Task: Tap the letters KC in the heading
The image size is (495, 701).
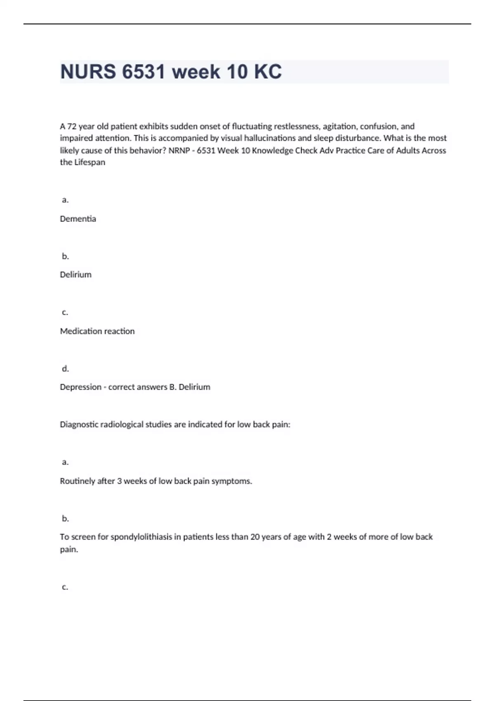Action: click(x=268, y=72)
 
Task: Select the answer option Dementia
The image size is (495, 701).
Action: click(x=78, y=219)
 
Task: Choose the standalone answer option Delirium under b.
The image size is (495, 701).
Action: click(x=75, y=275)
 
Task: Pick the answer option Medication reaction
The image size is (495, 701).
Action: click(x=97, y=331)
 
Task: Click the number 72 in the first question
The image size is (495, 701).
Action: click(x=72, y=126)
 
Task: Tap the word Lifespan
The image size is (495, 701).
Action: click(x=90, y=162)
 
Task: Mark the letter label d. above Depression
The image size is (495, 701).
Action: click(x=65, y=369)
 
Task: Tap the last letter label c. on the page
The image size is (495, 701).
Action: click(x=65, y=587)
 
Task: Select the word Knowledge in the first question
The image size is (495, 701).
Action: click(x=272, y=151)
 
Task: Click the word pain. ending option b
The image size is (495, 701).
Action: click(x=69, y=549)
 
